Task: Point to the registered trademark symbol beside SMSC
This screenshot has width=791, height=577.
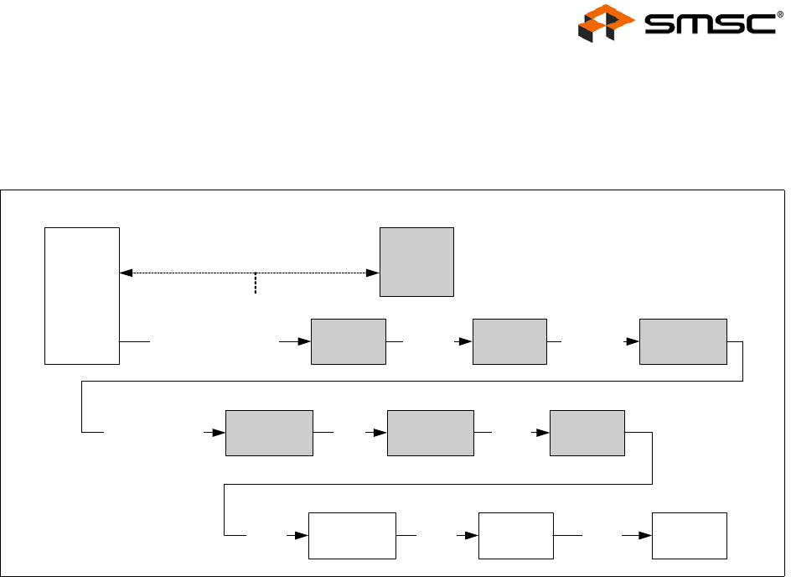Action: [x=780, y=13]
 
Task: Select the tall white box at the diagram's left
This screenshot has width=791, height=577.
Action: [x=82, y=295]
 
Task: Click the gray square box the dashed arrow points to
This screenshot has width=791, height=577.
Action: [x=416, y=261]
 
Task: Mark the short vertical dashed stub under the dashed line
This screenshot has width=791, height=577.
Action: [x=255, y=283]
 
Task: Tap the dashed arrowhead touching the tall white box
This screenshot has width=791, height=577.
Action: [x=126, y=273]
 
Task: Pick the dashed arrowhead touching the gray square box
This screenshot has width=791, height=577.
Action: [x=374, y=273]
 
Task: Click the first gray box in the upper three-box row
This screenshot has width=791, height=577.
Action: [x=348, y=341]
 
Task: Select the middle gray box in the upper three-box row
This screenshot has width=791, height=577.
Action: [x=509, y=341]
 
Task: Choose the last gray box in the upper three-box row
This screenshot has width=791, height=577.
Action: [x=683, y=341]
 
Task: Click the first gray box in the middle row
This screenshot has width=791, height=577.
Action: [x=269, y=433]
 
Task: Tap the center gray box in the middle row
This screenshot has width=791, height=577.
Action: [x=430, y=433]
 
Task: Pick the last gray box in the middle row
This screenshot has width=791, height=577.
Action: [x=587, y=433]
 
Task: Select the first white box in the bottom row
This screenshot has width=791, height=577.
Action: [x=352, y=535]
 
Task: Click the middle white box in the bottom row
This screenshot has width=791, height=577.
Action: [x=515, y=535]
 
